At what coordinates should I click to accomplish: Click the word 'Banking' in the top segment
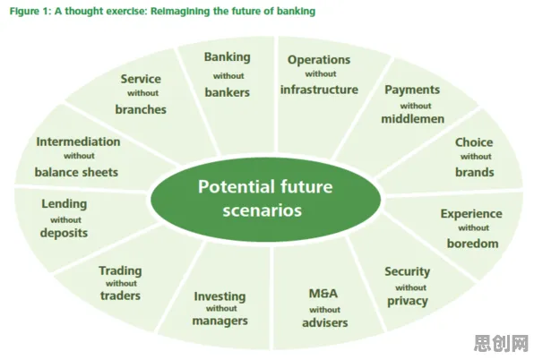[228, 57]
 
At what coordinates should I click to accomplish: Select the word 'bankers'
[228, 92]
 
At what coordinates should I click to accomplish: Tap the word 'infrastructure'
[319, 90]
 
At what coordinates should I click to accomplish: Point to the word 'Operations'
[319, 60]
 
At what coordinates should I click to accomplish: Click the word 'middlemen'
[413, 119]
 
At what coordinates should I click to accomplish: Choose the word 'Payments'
[412, 90]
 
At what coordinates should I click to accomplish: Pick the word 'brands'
[475, 172]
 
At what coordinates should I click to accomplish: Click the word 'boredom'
[473, 244]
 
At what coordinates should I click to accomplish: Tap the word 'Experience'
[471, 214]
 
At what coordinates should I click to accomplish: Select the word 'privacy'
[408, 301]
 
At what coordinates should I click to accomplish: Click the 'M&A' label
[323, 294]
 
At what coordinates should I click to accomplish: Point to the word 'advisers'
[325, 322]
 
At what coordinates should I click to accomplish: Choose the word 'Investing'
[220, 296]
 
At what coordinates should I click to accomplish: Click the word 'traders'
[120, 296]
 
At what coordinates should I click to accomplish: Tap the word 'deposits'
[64, 233]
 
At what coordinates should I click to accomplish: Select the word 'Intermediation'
[78, 141]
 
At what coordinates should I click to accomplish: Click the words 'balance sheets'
[76, 172]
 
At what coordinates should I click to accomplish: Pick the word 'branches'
[141, 109]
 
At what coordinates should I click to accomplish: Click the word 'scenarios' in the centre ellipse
[263, 210]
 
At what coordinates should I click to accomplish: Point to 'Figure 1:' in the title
[30, 12]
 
